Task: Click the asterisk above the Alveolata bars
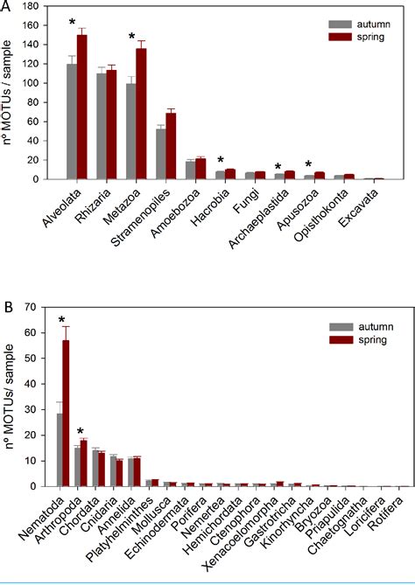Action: coord(73,22)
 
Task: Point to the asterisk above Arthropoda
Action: coord(79,431)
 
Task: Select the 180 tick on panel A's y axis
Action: coord(36,9)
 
